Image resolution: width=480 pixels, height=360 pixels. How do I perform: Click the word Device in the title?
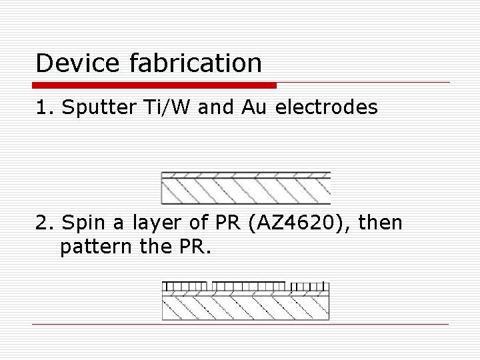[73, 63]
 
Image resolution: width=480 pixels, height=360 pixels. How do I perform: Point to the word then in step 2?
[381, 223]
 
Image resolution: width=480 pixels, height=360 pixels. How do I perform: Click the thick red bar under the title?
[154, 85]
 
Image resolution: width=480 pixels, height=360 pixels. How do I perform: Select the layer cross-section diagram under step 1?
[246, 188]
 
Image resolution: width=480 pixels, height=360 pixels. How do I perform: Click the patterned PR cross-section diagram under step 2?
[246, 301]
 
